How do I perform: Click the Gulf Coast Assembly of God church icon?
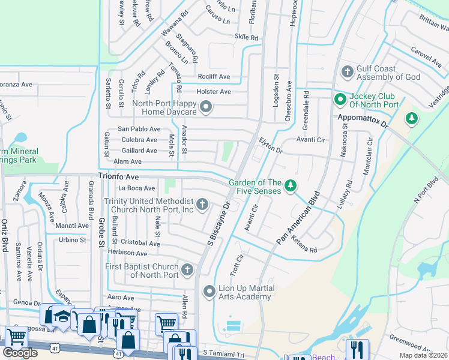(347, 73)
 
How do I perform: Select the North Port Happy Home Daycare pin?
(206, 107)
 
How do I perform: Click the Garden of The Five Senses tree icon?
(291, 186)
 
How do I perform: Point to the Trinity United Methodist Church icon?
(202, 205)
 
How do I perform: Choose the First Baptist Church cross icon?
(188, 270)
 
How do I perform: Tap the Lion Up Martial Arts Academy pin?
(209, 292)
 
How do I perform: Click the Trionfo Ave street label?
(119, 178)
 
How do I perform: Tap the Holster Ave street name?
(214, 92)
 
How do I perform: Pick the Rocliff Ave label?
(214, 77)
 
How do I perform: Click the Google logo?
(20, 353)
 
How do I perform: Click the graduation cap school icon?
(62, 317)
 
